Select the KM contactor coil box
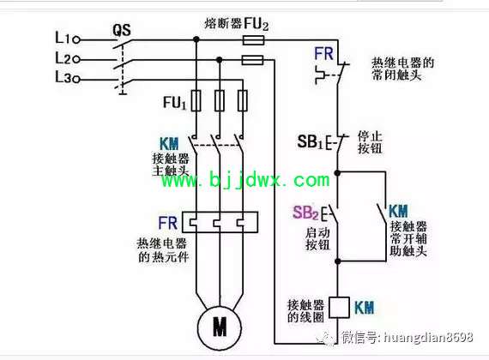tap(339, 308)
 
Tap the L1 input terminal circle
tap(76, 40)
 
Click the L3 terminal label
tap(63, 76)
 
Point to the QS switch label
tap(122, 30)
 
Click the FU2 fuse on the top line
tap(254, 40)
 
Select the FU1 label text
tap(175, 103)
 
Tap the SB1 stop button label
tap(310, 141)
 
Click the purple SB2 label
tap(305, 213)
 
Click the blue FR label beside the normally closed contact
tap(323, 54)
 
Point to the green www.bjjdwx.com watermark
tap(245, 180)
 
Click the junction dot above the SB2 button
tap(337, 172)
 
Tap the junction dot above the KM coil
tap(337, 261)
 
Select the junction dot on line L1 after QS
tap(196, 39)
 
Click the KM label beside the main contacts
tap(169, 144)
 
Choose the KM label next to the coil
tap(365, 308)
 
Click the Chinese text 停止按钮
tap(370, 142)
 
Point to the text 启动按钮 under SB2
tap(317, 239)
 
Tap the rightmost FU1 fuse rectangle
tap(243, 100)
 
